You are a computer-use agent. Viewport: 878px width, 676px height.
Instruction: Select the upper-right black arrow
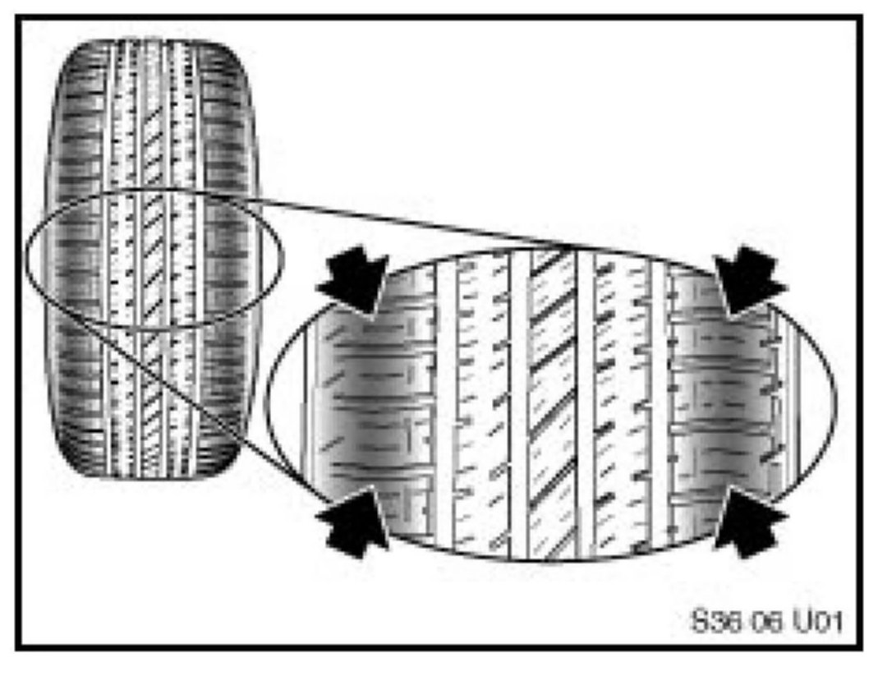coord(749,279)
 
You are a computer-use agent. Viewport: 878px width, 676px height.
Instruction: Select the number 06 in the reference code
coord(756,618)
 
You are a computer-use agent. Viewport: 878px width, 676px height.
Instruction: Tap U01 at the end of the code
coord(812,618)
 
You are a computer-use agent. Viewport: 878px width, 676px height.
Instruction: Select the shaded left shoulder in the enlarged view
coord(361,402)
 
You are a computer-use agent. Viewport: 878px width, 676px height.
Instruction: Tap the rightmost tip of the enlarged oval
coord(835,400)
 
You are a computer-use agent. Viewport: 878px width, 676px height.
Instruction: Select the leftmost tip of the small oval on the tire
coord(25,257)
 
